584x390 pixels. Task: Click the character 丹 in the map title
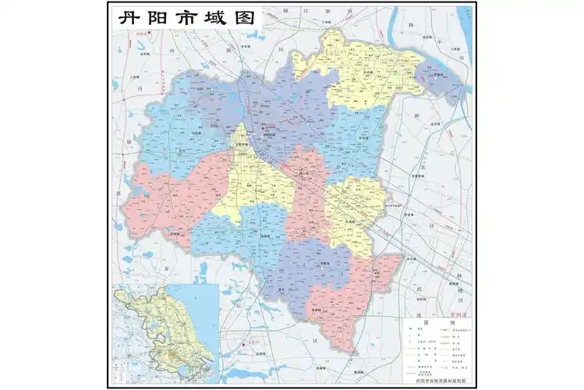coord(127,18)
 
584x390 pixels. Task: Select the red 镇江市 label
coord(140,35)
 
